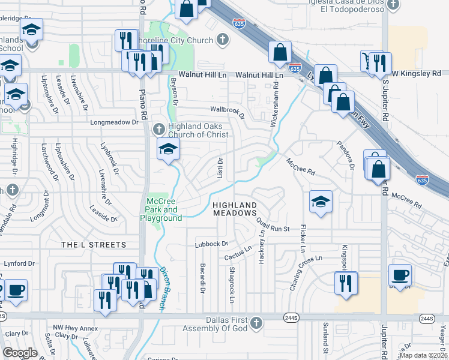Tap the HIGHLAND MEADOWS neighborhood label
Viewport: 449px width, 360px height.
click(x=235, y=209)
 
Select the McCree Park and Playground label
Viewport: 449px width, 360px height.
click(x=162, y=210)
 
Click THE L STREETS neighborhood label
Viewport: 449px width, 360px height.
click(x=94, y=245)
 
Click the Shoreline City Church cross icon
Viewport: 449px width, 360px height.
click(x=223, y=40)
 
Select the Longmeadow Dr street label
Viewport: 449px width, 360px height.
click(x=114, y=122)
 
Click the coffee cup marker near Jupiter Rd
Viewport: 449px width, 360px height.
click(x=400, y=275)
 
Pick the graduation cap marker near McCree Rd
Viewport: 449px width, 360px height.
click(x=321, y=202)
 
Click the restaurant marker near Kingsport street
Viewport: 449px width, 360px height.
click(x=345, y=282)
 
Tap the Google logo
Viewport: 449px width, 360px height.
click(x=20, y=353)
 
